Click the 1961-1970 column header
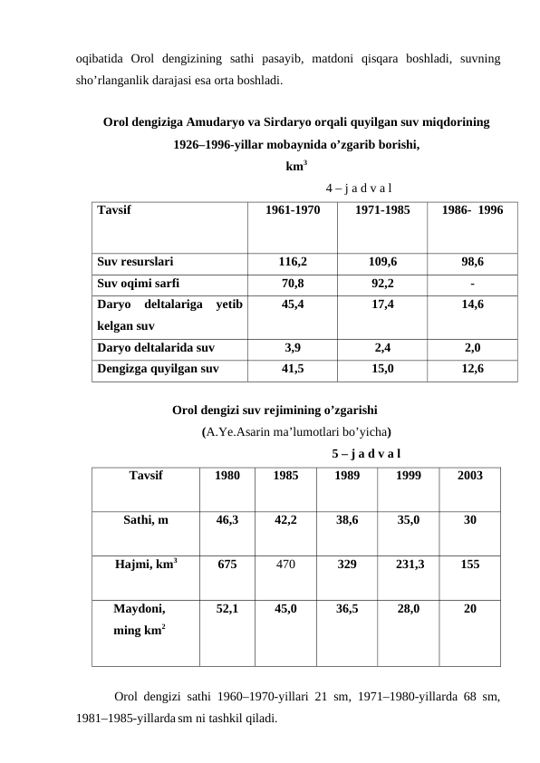(x=292, y=209)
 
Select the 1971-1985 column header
(x=382, y=209)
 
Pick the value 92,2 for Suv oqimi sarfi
(x=382, y=283)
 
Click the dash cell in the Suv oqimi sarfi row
(x=473, y=283)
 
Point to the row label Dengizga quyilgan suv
(x=157, y=369)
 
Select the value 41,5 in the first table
(x=292, y=369)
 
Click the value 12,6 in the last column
(x=473, y=369)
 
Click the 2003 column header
(x=469, y=475)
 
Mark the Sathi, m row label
(x=146, y=521)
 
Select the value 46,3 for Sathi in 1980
(x=227, y=521)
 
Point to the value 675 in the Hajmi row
(x=227, y=564)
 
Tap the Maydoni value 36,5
(x=346, y=611)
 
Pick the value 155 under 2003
(x=469, y=564)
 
